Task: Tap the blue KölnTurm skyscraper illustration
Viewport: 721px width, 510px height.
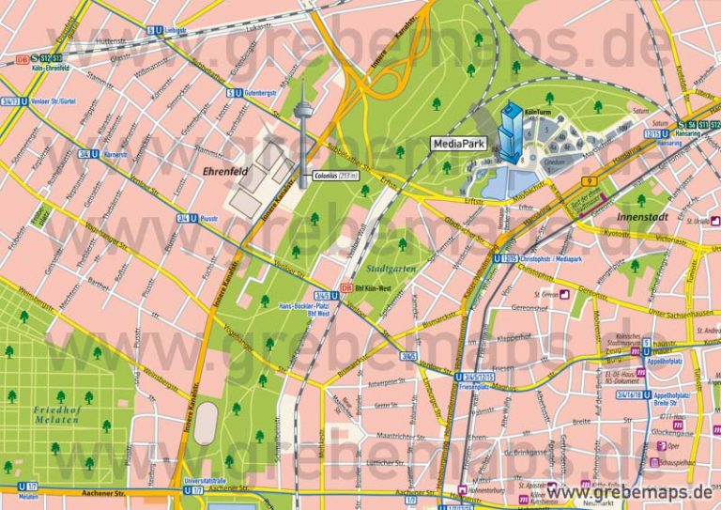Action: click(512, 131)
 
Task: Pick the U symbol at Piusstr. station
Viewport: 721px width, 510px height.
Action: click(193, 218)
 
